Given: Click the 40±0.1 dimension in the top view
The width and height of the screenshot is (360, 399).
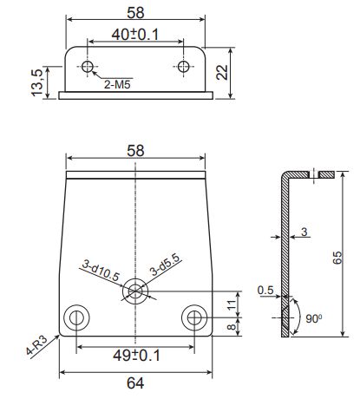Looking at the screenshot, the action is [x=135, y=35].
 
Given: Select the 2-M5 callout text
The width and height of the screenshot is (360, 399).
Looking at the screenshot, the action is [x=117, y=85].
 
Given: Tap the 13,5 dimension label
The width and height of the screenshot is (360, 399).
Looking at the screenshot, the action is [x=37, y=82].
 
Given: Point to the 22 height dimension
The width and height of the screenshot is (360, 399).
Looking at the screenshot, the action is [x=222, y=72].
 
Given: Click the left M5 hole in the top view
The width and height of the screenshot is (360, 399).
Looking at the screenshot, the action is [x=87, y=67].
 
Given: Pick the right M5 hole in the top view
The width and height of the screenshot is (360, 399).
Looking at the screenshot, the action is [x=184, y=67].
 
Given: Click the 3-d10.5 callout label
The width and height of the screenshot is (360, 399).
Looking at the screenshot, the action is [x=101, y=270].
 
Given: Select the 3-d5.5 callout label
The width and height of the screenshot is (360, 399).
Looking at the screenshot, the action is [x=165, y=265].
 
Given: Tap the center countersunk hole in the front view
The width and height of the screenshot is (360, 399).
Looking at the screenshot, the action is [x=135, y=291].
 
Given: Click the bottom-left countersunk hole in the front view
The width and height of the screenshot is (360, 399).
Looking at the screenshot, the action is [x=76, y=317].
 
